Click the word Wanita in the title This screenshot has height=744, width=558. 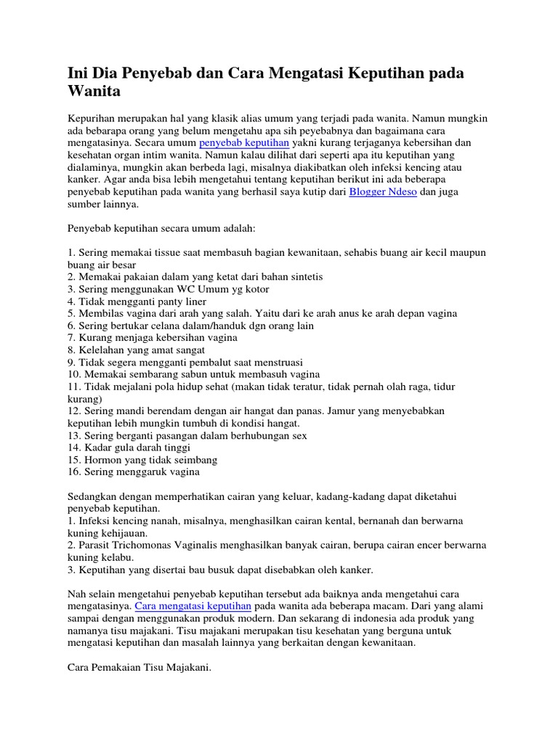94,92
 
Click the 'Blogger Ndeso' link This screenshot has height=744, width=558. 383,192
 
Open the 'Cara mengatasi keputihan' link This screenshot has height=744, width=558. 193,605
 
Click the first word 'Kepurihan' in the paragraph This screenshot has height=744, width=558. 92,118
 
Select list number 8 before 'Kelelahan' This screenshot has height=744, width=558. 71,350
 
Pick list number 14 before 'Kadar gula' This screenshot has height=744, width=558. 73,448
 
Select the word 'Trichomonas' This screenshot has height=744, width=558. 148,545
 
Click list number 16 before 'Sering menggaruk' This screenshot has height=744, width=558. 73,472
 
